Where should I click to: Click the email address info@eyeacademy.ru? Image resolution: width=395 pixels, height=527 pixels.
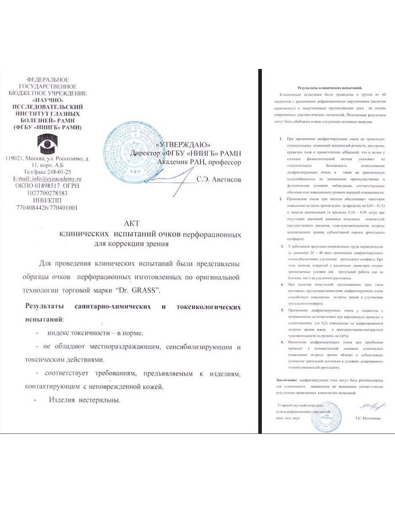click(48, 179)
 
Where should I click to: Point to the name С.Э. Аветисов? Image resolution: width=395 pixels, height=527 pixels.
click(219, 180)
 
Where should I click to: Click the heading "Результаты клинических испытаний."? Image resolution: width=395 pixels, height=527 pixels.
click(327, 88)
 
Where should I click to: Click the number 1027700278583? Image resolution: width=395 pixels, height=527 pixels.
click(48, 193)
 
